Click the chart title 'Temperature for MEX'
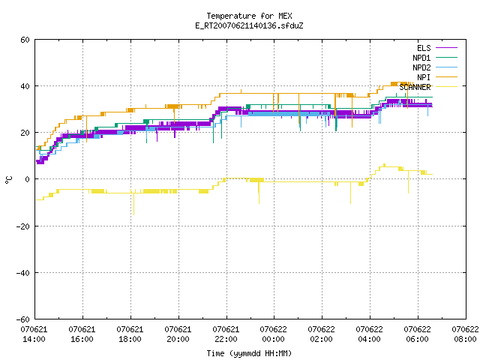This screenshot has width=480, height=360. click(x=249, y=16)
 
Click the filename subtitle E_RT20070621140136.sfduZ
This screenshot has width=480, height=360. click(x=249, y=25)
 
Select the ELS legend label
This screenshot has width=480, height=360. click(x=424, y=48)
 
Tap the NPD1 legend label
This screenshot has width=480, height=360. click(x=421, y=58)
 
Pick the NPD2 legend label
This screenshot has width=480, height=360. click(x=421, y=67)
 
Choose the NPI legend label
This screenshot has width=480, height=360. click(x=424, y=77)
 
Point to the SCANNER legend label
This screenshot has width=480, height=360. click(x=415, y=87)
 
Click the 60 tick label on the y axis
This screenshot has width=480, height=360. click(x=25, y=40)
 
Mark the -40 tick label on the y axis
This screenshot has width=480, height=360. click(x=23, y=273)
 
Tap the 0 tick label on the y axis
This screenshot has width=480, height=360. click(x=27, y=179)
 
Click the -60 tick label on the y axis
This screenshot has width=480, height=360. click(x=23, y=319)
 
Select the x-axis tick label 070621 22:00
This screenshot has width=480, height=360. click(x=226, y=334)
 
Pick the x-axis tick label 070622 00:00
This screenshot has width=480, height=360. click(x=273, y=334)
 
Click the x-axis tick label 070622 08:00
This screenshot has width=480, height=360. click(x=465, y=334)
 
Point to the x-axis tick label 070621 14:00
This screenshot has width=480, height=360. click(x=34, y=334)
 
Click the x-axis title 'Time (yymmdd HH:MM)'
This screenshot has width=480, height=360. click(x=249, y=353)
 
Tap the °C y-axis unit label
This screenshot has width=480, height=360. click(x=8, y=180)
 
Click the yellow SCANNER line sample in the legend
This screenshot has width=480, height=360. click(x=446, y=87)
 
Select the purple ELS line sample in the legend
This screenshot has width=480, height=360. click(x=446, y=48)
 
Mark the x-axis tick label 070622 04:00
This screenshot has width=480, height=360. click(x=369, y=334)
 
